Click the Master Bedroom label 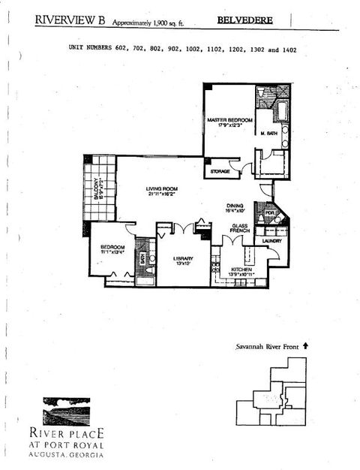click(x=229, y=120)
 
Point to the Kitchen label click(x=241, y=269)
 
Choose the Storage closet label click(x=220, y=171)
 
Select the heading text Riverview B click(x=70, y=22)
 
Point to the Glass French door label click(x=240, y=228)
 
